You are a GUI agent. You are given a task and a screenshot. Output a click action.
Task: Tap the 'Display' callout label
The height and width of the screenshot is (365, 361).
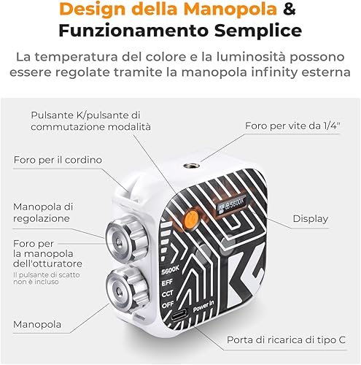coord(310,218)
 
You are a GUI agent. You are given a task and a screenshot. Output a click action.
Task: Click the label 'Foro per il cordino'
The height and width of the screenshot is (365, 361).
coord(58,159)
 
